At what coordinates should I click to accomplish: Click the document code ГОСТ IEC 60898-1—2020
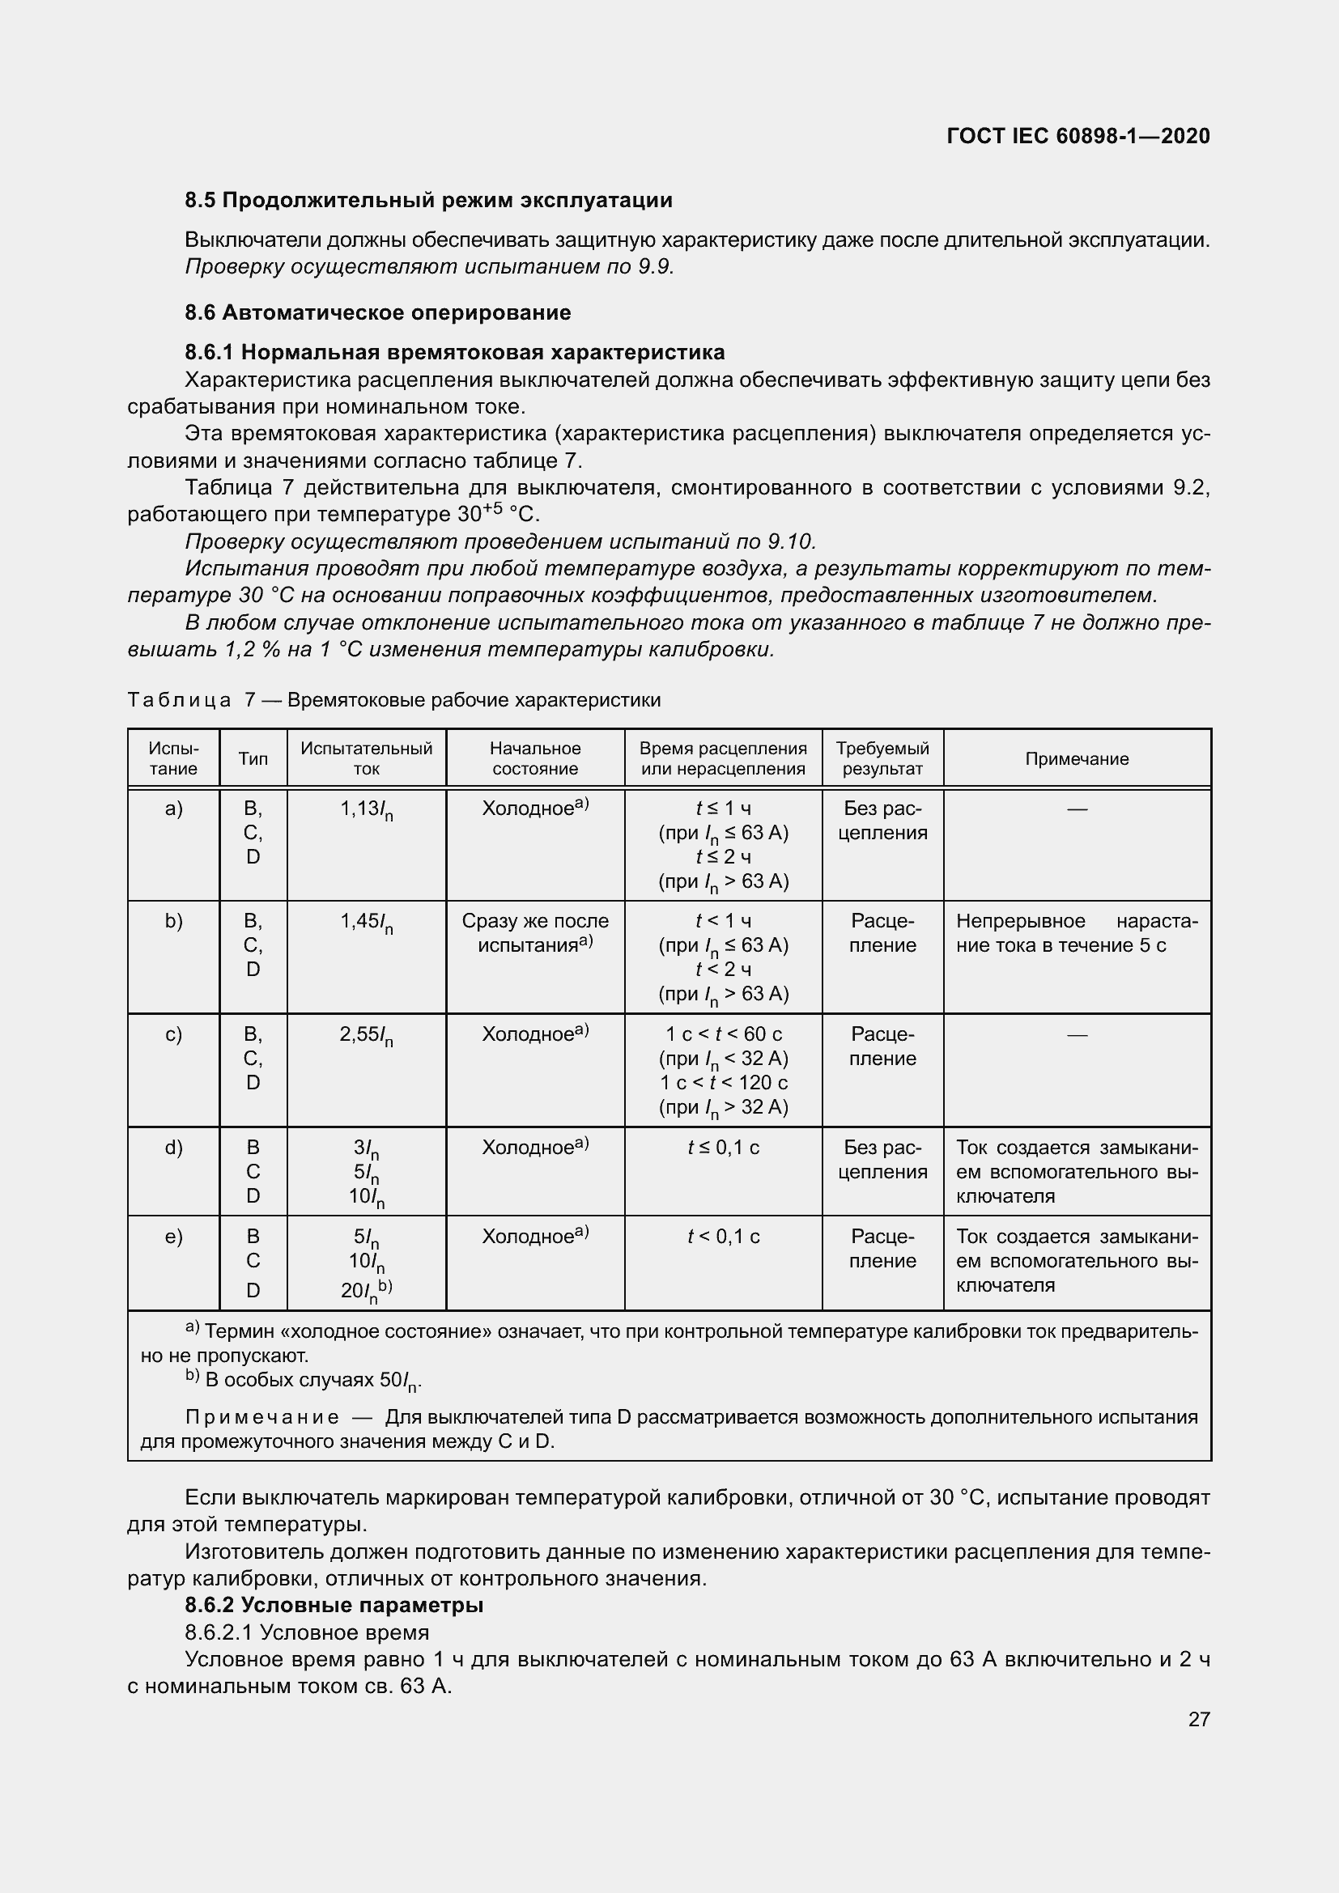point(1078,136)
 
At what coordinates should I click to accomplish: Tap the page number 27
point(1199,1719)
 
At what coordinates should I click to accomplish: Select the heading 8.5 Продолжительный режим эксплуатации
point(429,201)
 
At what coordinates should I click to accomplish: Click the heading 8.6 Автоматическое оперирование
point(377,312)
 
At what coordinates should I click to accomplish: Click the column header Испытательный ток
point(366,758)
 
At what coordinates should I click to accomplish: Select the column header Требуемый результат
point(882,758)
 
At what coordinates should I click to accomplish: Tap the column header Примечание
point(1077,759)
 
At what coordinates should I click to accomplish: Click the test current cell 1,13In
point(366,810)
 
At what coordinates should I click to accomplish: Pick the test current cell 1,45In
point(366,923)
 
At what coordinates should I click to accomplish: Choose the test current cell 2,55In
point(366,1037)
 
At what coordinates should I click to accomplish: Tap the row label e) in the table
point(173,1237)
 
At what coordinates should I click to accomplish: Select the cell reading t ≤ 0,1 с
point(723,1148)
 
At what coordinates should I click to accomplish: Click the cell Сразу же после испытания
point(535,933)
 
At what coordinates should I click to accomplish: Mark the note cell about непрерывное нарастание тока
point(1077,933)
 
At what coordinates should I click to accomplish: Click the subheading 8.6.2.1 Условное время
point(307,1632)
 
